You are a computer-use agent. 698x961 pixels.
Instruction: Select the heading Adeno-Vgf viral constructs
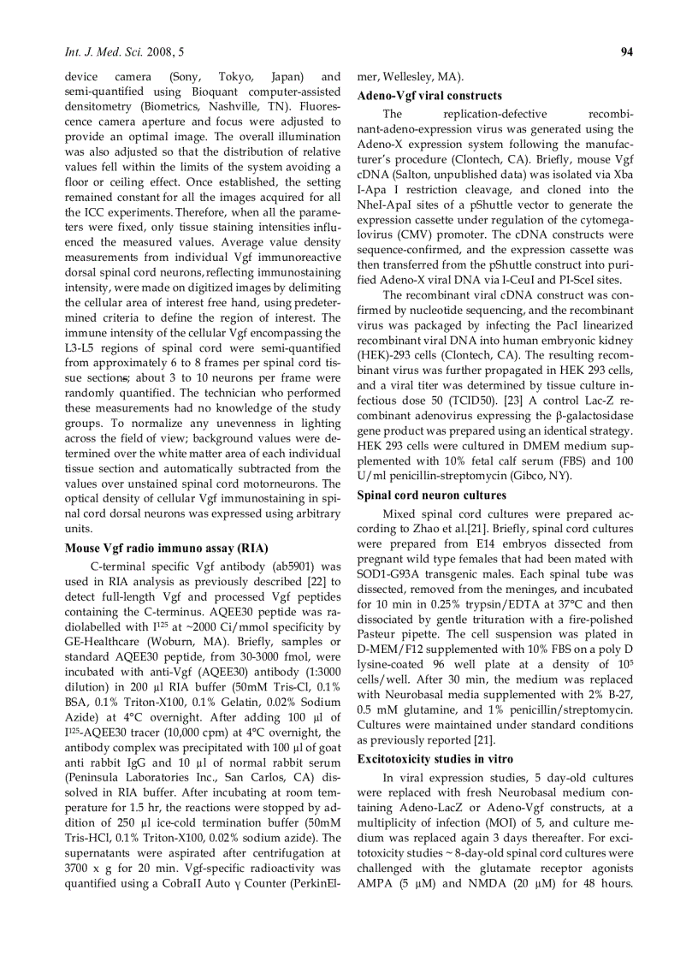(429, 95)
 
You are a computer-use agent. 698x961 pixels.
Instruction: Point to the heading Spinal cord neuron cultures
(431, 495)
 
